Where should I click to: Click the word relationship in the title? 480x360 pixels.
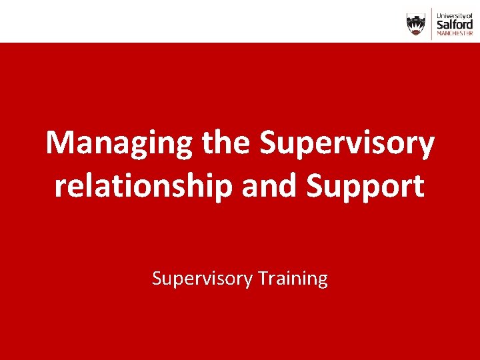(x=143, y=187)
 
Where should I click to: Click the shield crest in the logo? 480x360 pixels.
(x=416, y=24)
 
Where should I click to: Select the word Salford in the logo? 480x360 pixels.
(x=455, y=23)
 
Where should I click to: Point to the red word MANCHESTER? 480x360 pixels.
(x=455, y=33)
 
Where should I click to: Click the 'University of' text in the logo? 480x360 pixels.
(x=455, y=13)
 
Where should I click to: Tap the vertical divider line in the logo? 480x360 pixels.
(x=431, y=24)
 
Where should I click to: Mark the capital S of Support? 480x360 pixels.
(x=315, y=187)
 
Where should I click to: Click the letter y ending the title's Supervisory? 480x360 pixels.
(x=426, y=148)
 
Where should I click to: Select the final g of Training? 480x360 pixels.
(x=322, y=281)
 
